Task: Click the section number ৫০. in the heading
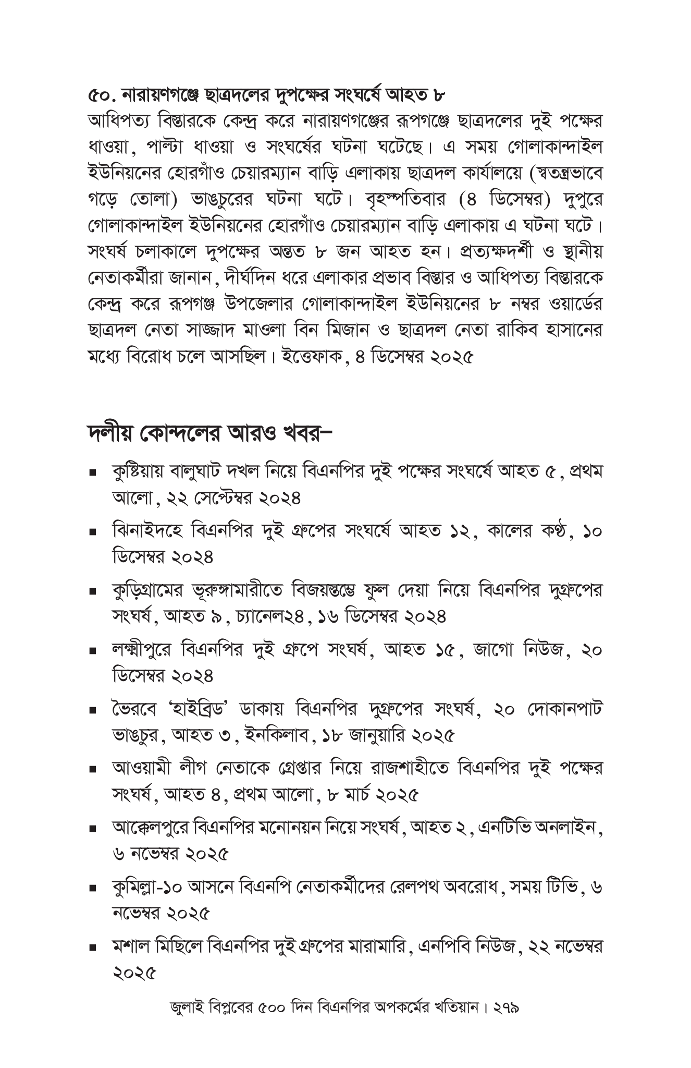pos(101,95)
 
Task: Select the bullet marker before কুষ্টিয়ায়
pos(92,474)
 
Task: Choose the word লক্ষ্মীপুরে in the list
pos(143,651)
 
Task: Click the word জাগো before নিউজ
pos(493,651)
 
